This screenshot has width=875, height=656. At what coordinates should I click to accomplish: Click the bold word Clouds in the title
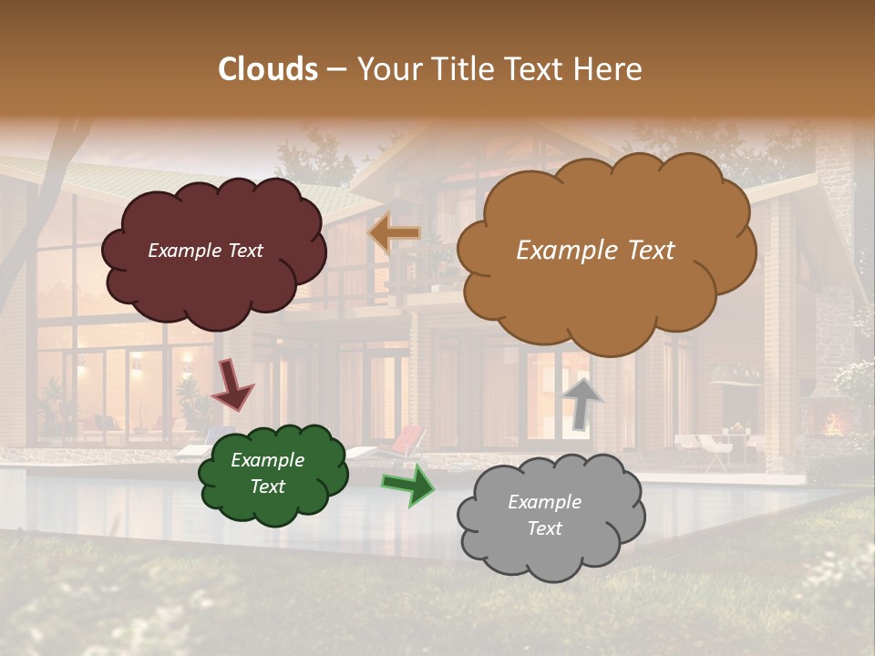pos(268,69)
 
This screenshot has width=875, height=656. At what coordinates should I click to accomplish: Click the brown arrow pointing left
pos(395,234)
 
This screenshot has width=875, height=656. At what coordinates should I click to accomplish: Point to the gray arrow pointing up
pos(583,402)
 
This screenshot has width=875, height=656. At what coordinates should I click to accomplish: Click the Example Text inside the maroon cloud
pos(205,251)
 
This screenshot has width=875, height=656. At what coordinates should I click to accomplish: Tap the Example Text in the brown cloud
pos(595,251)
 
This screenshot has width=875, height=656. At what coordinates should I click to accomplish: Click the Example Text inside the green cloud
pos(267,473)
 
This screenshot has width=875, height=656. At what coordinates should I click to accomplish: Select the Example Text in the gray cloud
pos(544,515)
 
